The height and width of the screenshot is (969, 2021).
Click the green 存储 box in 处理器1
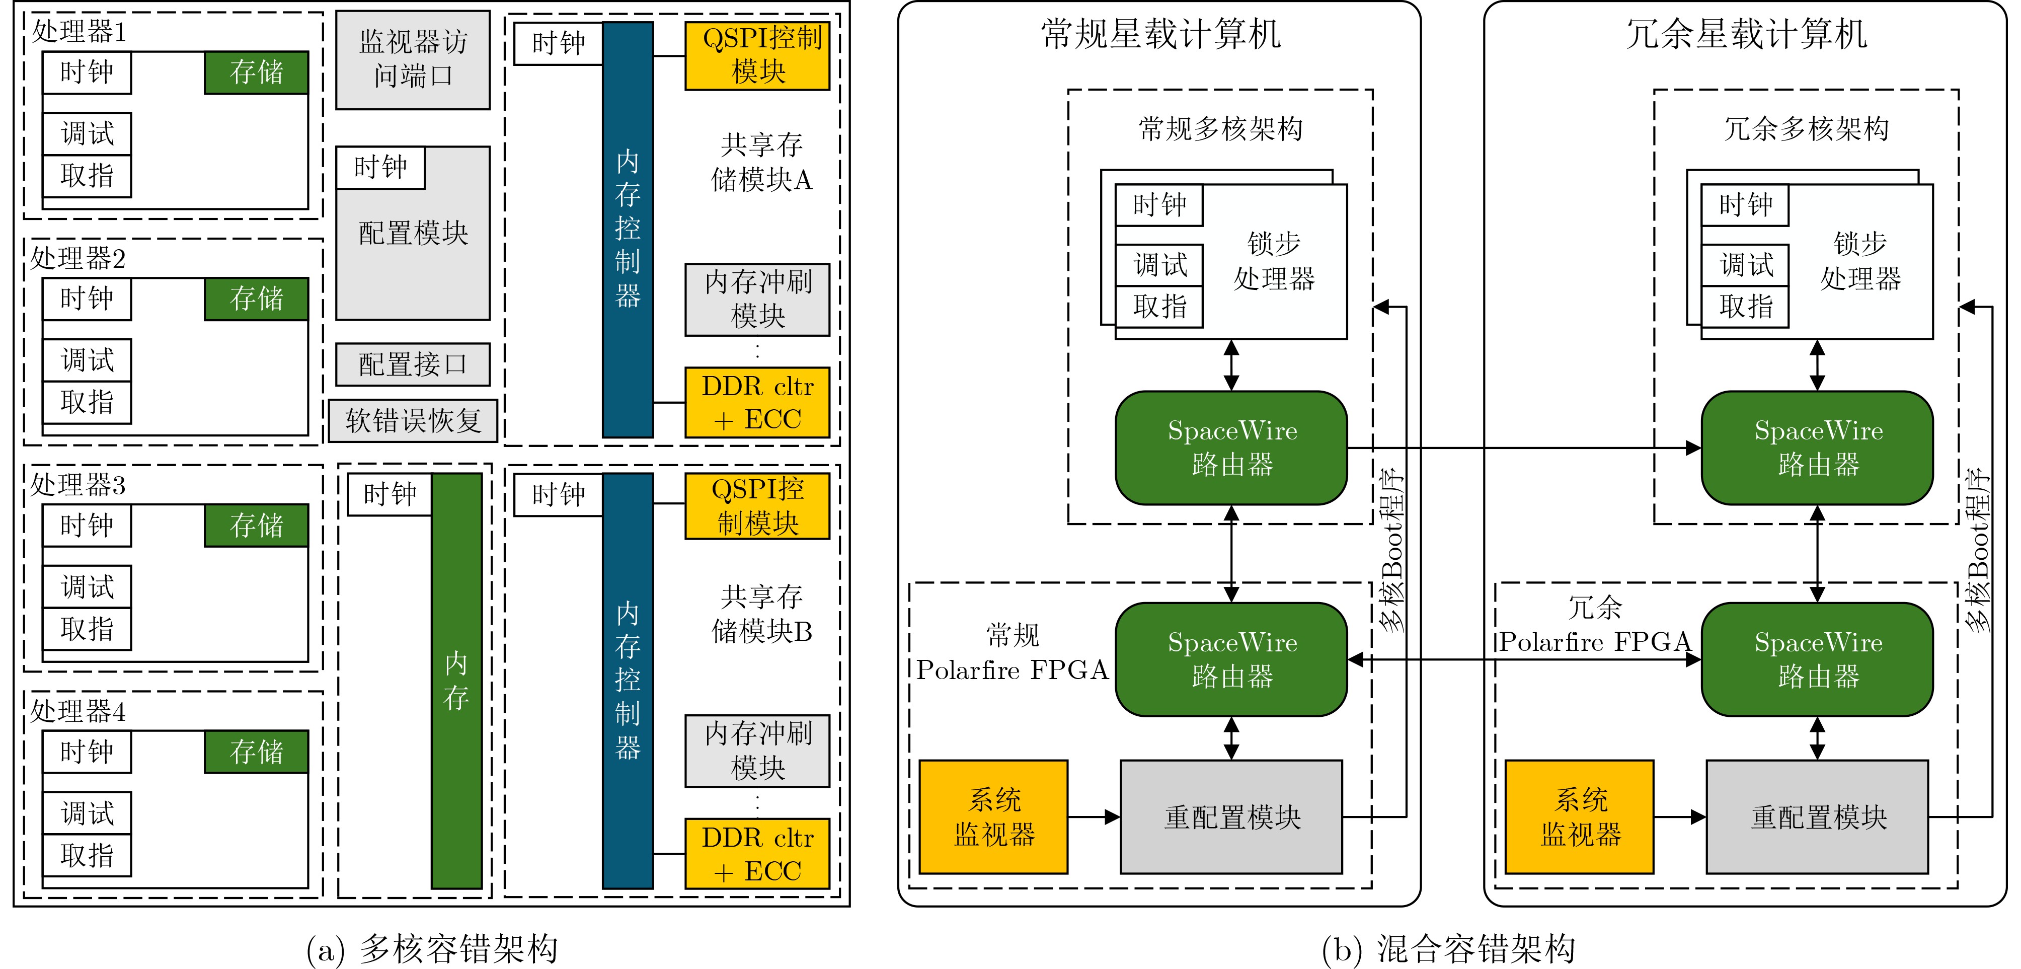pos(256,73)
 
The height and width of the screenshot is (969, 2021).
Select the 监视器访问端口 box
pos(413,59)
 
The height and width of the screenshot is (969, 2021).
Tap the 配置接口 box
pos(413,364)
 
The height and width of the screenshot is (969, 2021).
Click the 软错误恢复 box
pos(413,420)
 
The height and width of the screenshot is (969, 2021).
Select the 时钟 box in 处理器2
pos(87,299)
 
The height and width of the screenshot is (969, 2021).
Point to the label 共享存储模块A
pos(760,163)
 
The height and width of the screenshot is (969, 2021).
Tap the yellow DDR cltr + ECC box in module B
pos(757,854)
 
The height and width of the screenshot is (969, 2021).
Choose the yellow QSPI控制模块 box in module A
pos(757,56)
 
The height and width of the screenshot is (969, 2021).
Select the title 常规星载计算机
pos(1160,35)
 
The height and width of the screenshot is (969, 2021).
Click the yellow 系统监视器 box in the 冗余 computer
pos(1579,817)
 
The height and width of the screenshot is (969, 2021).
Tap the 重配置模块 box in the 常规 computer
pos(1231,817)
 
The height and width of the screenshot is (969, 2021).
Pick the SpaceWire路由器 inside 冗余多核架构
pos(1817,448)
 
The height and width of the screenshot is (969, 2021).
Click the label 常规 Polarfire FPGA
pos(1012,653)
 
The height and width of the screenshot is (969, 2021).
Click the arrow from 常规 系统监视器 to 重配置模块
pos(1094,817)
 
